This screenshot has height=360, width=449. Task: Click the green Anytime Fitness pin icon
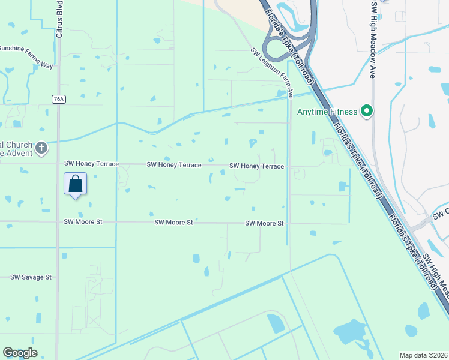(x=366, y=111)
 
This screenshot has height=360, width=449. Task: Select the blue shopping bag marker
(x=75, y=184)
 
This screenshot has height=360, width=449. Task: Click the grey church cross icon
(x=41, y=148)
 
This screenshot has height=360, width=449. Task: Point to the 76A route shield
(x=58, y=100)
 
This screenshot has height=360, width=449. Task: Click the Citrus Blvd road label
(x=59, y=22)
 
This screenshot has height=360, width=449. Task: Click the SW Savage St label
(x=31, y=277)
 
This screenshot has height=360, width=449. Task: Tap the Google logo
(x=20, y=353)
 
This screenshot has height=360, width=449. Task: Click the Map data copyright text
(x=424, y=355)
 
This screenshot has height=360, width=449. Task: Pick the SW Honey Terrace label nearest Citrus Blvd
(x=91, y=164)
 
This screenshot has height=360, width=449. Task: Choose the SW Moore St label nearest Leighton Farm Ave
(x=264, y=223)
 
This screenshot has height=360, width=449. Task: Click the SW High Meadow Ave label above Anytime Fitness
(x=373, y=40)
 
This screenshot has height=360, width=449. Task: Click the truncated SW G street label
(x=442, y=213)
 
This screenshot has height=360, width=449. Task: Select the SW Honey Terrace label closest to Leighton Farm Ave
(x=256, y=166)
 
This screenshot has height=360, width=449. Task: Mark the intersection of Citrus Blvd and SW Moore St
(x=58, y=222)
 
